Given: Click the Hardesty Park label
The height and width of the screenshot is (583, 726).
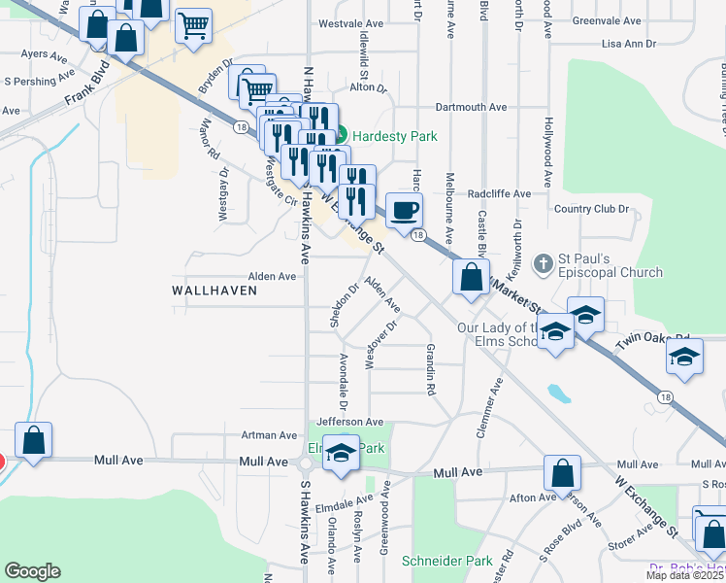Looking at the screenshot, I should [x=394, y=136].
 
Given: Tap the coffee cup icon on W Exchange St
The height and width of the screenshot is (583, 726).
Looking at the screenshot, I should [x=404, y=208].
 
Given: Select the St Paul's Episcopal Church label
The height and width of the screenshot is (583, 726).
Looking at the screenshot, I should [x=610, y=265].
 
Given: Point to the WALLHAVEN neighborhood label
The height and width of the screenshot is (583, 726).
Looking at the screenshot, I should [x=214, y=291].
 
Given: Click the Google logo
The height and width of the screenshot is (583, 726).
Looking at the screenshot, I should [x=32, y=571].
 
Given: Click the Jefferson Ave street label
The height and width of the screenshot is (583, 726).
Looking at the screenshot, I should [x=349, y=422].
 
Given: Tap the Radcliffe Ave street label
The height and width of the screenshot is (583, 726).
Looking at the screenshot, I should [x=499, y=193].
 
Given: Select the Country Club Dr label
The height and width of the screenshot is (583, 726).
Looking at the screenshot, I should [x=591, y=209].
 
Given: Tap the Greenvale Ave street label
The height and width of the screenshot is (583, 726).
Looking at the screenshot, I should [x=608, y=20].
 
